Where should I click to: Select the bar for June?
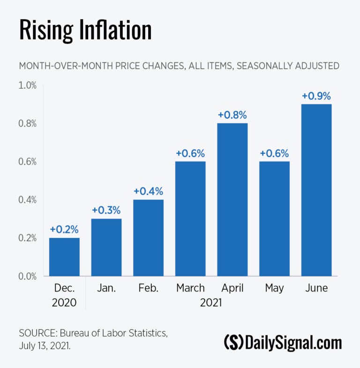[316, 190]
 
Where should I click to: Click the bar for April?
[232, 199]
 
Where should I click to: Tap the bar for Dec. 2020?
[64, 257]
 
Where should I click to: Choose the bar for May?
[274, 219]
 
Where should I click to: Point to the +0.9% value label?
[316, 96]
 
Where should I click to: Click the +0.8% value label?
[232, 115]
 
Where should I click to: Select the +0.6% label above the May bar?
[274, 153]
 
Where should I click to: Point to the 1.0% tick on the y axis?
[28, 85]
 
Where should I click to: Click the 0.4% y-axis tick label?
[28, 200]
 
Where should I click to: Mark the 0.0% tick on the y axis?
[28, 276]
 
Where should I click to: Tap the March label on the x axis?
[190, 288]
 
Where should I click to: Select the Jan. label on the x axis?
[106, 288]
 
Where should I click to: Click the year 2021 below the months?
[211, 303]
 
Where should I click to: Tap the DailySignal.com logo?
[283, 343]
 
